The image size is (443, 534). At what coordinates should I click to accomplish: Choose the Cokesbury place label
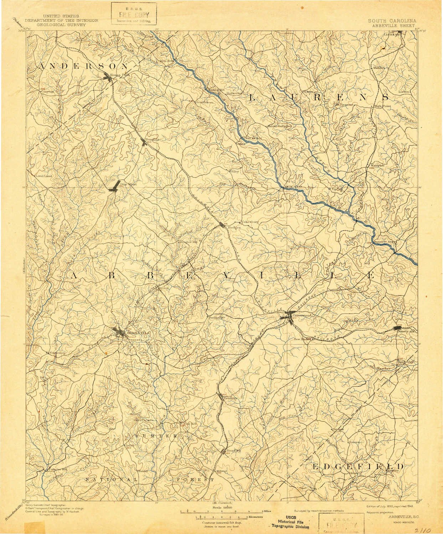click(x=249, y=222)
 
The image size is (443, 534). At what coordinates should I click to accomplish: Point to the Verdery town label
click(x=230, y=398)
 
